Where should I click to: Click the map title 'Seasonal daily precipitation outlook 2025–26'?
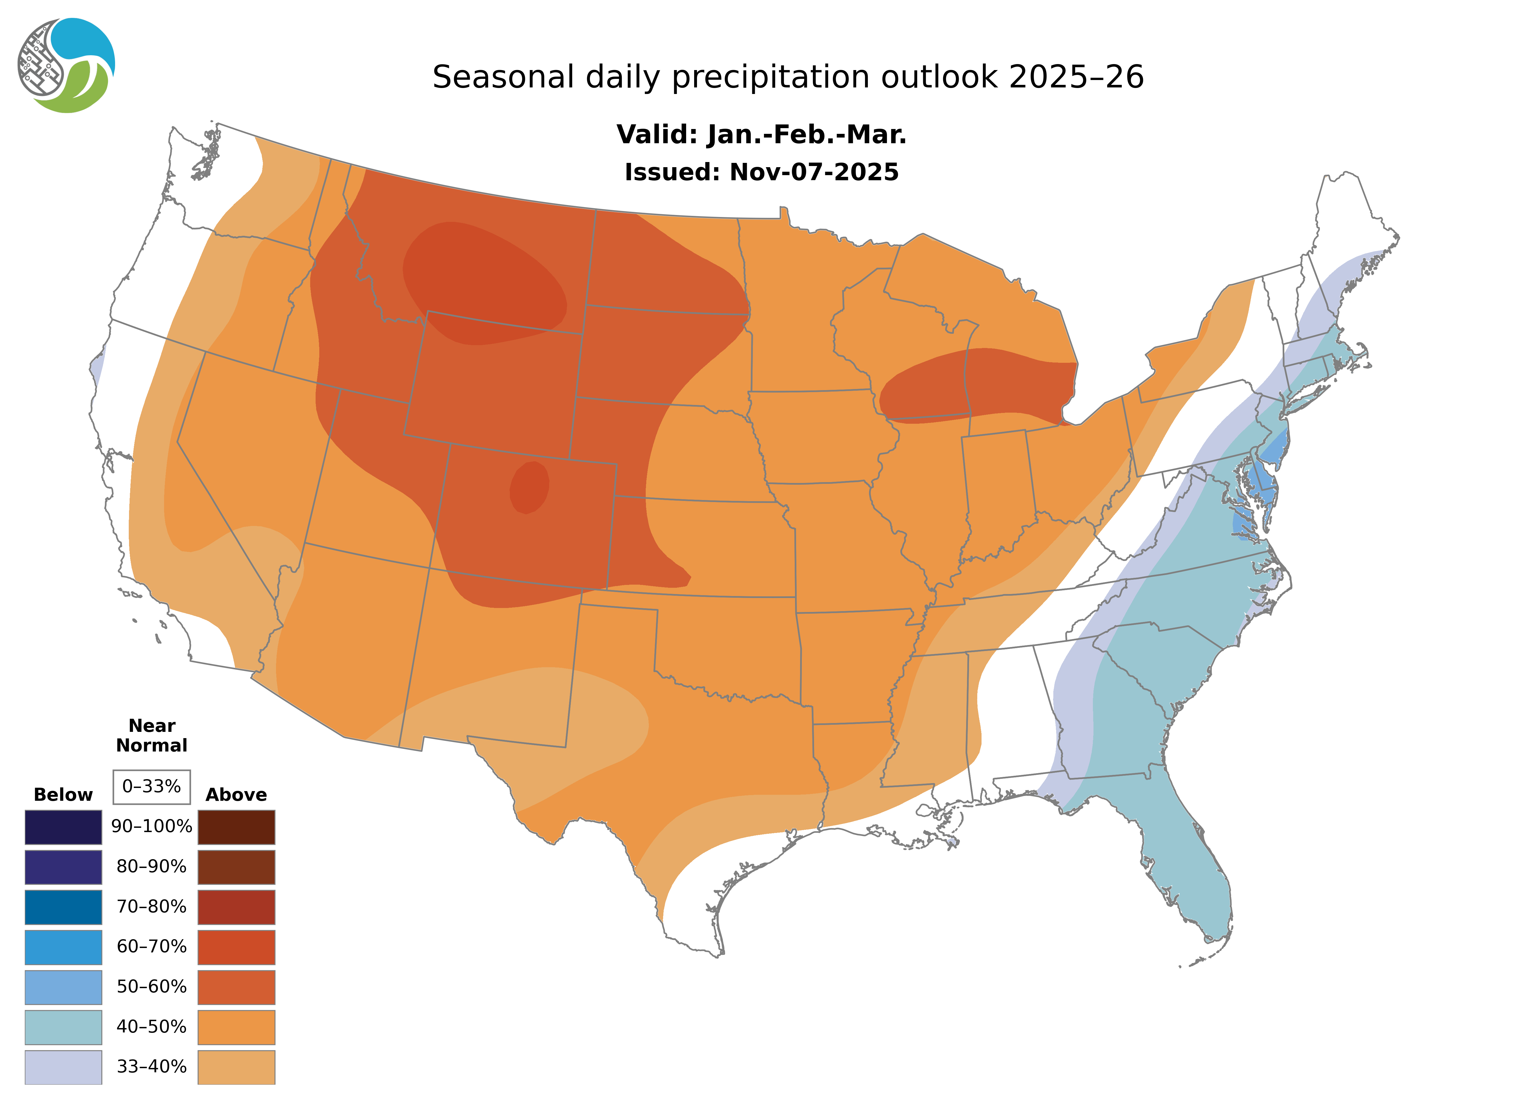(788, 77)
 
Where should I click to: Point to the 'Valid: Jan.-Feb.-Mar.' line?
(761, 135)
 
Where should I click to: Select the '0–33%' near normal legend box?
(152, 787)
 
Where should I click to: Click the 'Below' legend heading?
(63, 795)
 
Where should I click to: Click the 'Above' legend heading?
(236, 795)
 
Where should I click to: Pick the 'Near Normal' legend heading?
(152, 736)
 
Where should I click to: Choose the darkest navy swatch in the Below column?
(63, 827)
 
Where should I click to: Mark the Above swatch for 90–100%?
(236, 827)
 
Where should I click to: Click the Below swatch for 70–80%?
(63, 907)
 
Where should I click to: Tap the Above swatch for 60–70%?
(236, 947)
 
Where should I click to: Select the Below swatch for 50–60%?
(63, 987)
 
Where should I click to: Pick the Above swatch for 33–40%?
(236, 1066)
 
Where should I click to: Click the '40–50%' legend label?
(152, 1027)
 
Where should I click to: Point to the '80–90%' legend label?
(152, 867)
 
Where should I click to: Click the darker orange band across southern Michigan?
(982, 386)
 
